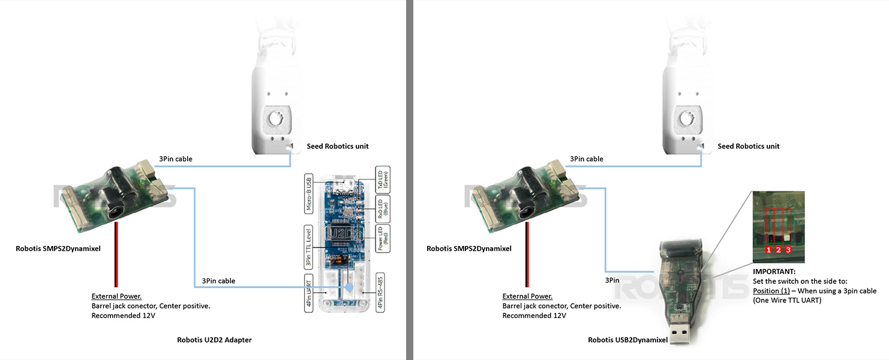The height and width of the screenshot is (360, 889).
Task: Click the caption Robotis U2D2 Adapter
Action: click(214, 340)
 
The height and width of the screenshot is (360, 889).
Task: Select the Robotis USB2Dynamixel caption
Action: click(627, 340)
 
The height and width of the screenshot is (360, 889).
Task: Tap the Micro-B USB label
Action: click(308, 194)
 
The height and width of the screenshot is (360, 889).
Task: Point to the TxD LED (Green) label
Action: click(382, 179)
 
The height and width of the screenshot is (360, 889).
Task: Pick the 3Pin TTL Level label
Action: click(308, 247)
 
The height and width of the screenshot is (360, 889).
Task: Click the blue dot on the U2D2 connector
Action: click(349, 289)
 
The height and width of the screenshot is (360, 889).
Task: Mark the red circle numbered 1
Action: click(768, 249)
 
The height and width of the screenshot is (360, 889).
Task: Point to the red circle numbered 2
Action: click(779, 249)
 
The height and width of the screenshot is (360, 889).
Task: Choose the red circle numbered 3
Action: click(788, 249)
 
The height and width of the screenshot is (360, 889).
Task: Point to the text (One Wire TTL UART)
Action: click(786, 301)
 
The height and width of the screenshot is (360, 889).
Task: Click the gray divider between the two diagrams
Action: click(410, 180)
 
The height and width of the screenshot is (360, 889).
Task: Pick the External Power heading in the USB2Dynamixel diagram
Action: click(527, 296)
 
